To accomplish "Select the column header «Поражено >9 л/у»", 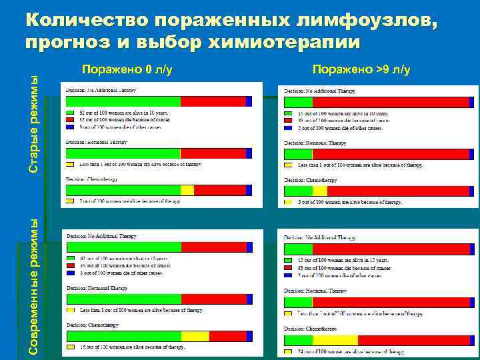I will click(x=361, y=69).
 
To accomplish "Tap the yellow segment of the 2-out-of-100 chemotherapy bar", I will click(x=187, y=190).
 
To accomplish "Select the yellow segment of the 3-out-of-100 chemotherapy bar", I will click(x=320, y=191).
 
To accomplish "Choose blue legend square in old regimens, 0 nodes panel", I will click(x=69, y=126).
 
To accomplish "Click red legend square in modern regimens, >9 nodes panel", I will click(x=288, y=267).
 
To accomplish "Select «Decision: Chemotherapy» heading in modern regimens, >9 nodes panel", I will click(x=311, y=329).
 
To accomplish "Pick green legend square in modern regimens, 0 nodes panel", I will click(x=69, y=258).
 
